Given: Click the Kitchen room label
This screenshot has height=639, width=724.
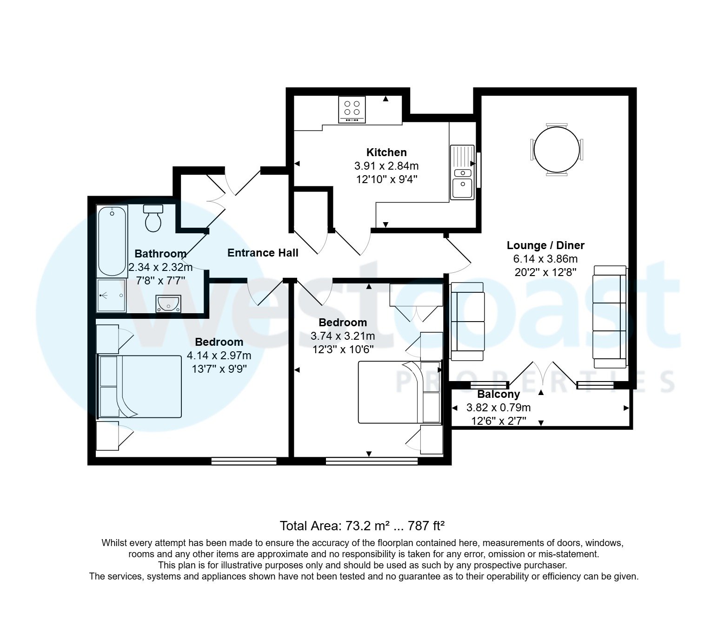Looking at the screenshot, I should coord(386,152).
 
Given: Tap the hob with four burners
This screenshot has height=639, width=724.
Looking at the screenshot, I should coord(352,109).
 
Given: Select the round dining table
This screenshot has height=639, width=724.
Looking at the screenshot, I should coord(557,150).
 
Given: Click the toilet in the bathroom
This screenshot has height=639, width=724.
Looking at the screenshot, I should coord(153,218).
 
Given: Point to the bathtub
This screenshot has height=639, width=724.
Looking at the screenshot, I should coord(112,241).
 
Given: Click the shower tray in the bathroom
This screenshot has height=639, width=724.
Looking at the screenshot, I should coord(111,295).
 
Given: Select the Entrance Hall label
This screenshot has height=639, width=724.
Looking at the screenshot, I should coord(263,253).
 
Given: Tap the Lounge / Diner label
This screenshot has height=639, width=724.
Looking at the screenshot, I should coord(545,245).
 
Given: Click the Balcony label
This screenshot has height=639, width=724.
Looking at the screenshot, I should coord(498,395).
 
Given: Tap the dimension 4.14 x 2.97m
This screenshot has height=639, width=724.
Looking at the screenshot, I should coord(219,356).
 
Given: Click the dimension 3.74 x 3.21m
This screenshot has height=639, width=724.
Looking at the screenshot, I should coord(343,336).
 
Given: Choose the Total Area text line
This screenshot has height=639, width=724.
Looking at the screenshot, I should coord(362,526).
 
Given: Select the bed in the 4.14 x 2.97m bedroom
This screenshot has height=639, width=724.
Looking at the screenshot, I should coord(139,387).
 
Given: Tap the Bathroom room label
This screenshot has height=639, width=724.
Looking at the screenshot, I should coord(160,254).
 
